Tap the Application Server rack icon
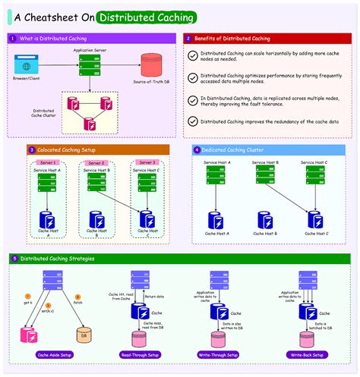[x=89, y=64]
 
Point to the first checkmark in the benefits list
[x=193, y=56]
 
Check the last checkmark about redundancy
[x=193, y=121]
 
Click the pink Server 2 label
[x=97, y=163]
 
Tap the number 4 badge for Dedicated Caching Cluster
[x=197, y=150]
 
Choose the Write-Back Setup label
[x=308, y=354]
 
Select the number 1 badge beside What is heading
[x=13, y=37]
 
